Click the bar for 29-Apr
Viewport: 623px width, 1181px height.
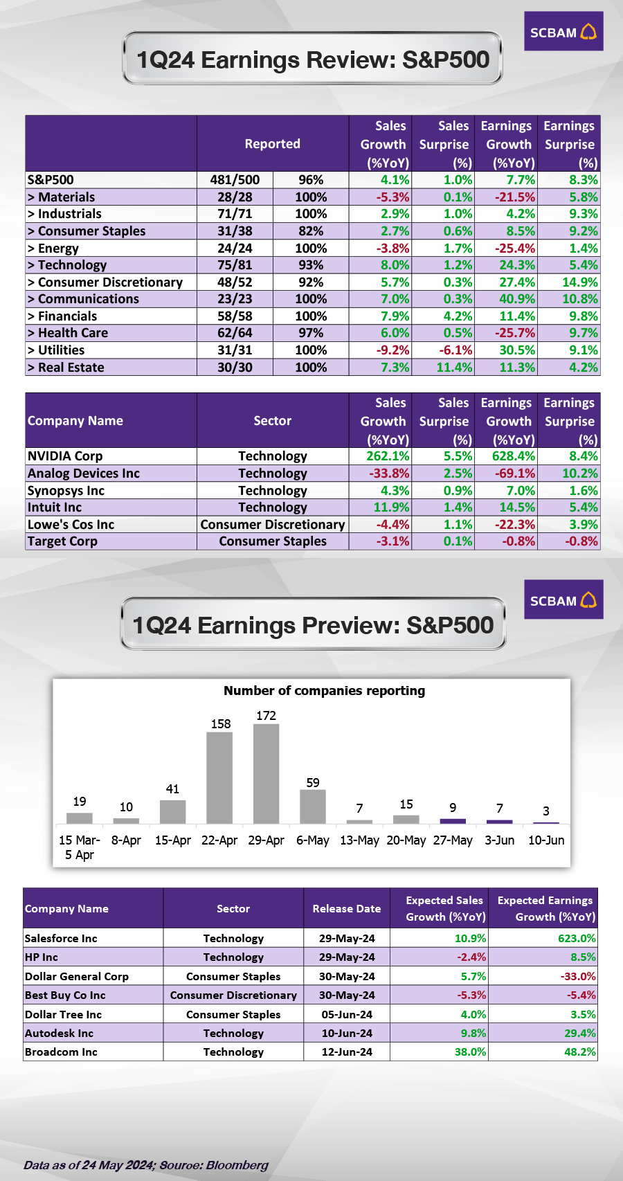coord(266,774)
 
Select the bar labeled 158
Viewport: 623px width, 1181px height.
coord(219,777)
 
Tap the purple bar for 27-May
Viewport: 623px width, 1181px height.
coord(453,821)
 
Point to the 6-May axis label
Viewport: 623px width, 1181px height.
coord(313,840)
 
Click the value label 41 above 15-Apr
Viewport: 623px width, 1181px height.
coord(172,789)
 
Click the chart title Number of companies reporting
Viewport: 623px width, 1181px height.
coord(324,691)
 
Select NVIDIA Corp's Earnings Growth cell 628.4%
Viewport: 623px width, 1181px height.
coord(508,456)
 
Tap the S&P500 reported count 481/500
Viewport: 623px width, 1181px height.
coord(235,180)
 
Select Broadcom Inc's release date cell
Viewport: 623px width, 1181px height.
coord(347,1052)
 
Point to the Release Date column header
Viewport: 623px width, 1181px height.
coord(346,908)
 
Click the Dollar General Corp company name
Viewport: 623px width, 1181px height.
coord(77,977)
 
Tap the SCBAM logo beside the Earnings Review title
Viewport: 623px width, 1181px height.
coord(563,32)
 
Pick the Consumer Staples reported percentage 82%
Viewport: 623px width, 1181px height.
coord(311,231)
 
